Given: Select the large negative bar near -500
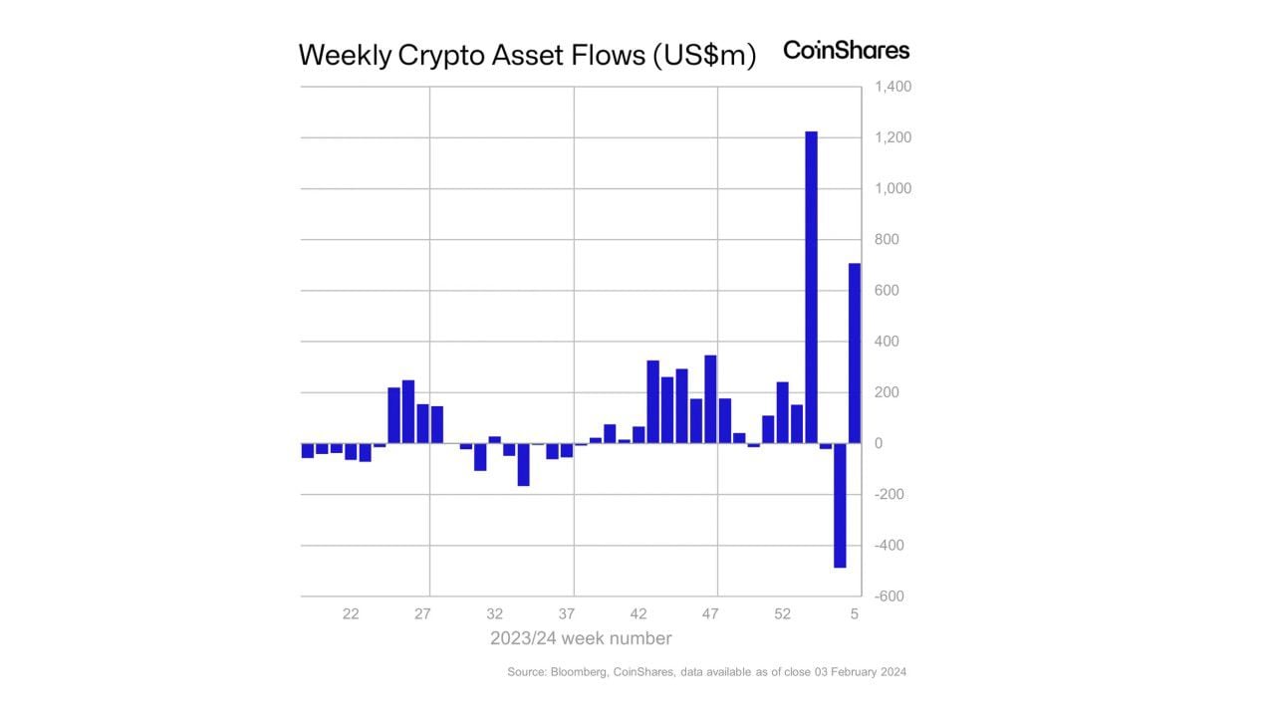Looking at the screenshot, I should pos(840,505).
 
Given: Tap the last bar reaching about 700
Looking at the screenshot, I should pos(855,353).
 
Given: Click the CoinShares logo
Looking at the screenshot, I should pos(846,50).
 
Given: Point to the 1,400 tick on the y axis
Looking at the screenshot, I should pos(892,88).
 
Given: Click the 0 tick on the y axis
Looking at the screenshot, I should pos(879,444).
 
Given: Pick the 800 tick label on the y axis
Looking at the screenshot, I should pos(887,240).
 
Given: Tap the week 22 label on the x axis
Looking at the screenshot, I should pos(351,614).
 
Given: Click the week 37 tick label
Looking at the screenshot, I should pos(567,614).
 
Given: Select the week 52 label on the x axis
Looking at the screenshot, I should pos(782,614).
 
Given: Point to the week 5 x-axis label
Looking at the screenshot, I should pos(854,614).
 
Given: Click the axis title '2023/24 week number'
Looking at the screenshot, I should pos(581,638).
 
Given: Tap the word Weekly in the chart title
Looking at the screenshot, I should pos(345,56).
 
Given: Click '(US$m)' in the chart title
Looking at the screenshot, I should pos(704,56).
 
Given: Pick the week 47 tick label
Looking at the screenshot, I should pos(710,614).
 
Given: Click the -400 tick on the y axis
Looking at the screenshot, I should pos(890,546).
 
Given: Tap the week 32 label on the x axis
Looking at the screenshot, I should pos(494,614).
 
